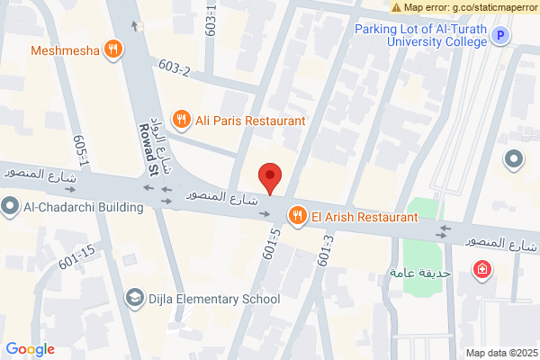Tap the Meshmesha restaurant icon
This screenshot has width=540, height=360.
[112, 49]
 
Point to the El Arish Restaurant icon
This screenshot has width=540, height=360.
[295, 216]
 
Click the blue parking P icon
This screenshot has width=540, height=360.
[501, 36]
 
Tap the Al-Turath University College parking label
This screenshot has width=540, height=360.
[420, 35]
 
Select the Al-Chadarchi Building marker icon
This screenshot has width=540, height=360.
[10, 208]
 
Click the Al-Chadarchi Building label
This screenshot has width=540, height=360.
[84, 208]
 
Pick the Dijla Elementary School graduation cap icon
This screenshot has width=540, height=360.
[134, 299]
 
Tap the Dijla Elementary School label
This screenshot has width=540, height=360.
[214, 299]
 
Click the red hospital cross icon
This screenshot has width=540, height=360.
[483, 270]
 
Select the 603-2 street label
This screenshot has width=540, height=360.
[175, 68]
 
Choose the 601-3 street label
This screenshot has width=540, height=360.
[326, 249]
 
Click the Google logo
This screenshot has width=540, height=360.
[30, 349]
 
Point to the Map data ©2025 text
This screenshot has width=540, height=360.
[500, 353]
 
